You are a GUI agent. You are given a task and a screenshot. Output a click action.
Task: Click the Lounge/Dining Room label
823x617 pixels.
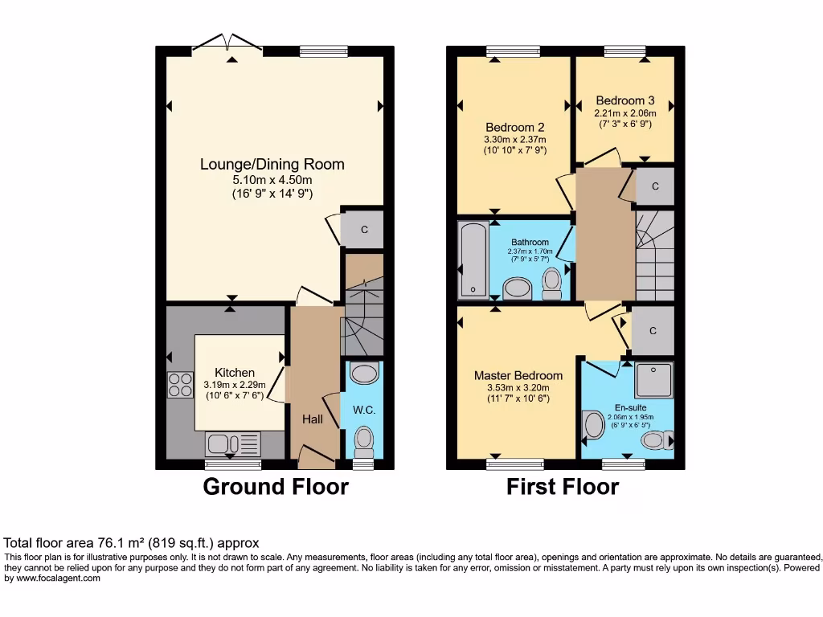tap(272, 164)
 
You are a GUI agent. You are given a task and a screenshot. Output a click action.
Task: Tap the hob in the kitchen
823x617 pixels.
tap(181, 386)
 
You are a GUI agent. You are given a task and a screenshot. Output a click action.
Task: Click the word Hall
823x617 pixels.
tap(313, 419)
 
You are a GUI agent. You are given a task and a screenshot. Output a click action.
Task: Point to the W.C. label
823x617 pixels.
tap(364, 410)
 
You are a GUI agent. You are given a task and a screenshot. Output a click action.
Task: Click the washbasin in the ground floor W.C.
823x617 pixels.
tap(366, 374)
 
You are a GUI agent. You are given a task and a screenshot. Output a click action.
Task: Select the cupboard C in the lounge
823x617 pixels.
tap(363, 230)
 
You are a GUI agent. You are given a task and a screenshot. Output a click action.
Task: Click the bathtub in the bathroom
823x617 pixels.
tap(471, 260)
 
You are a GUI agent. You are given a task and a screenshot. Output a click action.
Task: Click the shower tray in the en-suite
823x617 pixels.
tap(653, 380)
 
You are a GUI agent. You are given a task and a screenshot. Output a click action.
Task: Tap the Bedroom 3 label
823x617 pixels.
tap(624, 100)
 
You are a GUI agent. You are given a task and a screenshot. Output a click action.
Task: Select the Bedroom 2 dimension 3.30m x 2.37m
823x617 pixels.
tap(514, 139)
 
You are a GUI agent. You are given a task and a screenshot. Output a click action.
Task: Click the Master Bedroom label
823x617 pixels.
tap(518, 375)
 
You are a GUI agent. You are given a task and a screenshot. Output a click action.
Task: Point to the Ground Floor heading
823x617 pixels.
tap(276, 487)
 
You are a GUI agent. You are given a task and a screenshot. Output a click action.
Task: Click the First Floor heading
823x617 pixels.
tap(563, 487)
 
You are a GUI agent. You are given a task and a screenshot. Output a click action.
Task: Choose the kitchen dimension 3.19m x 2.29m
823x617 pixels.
tap(234, 384)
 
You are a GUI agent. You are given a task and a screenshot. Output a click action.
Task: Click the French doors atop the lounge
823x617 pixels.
tap(228, 44)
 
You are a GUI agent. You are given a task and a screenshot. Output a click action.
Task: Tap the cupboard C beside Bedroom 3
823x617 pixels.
tap(655, 186)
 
